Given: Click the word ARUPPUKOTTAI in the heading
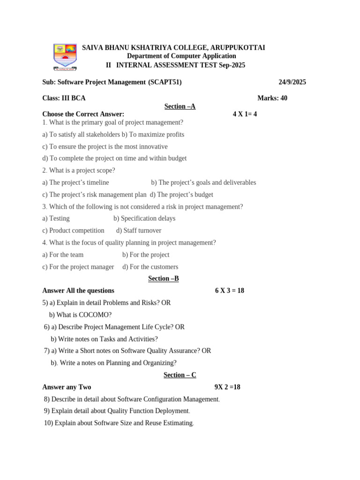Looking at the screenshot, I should pos(238,48).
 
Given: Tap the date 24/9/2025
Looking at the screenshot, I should pos(292,82).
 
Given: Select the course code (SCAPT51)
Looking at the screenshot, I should pos(165,82).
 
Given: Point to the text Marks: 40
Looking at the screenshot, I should pos(272,98).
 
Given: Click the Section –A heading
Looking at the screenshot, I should pos(180,106).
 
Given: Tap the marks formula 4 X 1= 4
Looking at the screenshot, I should pos(245,114).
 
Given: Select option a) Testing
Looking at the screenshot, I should pos(56,218).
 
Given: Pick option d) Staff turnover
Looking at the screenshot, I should pos(139,230).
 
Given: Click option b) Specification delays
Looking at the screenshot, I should pos(144,218).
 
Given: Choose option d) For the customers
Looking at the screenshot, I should pos(150,267).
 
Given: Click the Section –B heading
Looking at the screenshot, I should pos(164,278).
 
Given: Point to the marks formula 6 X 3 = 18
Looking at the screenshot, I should pos(230,291).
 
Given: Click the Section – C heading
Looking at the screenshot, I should pos(180,375).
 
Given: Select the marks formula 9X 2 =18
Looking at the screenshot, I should pos(227,387).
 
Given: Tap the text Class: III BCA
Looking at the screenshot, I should pos(64,98).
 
